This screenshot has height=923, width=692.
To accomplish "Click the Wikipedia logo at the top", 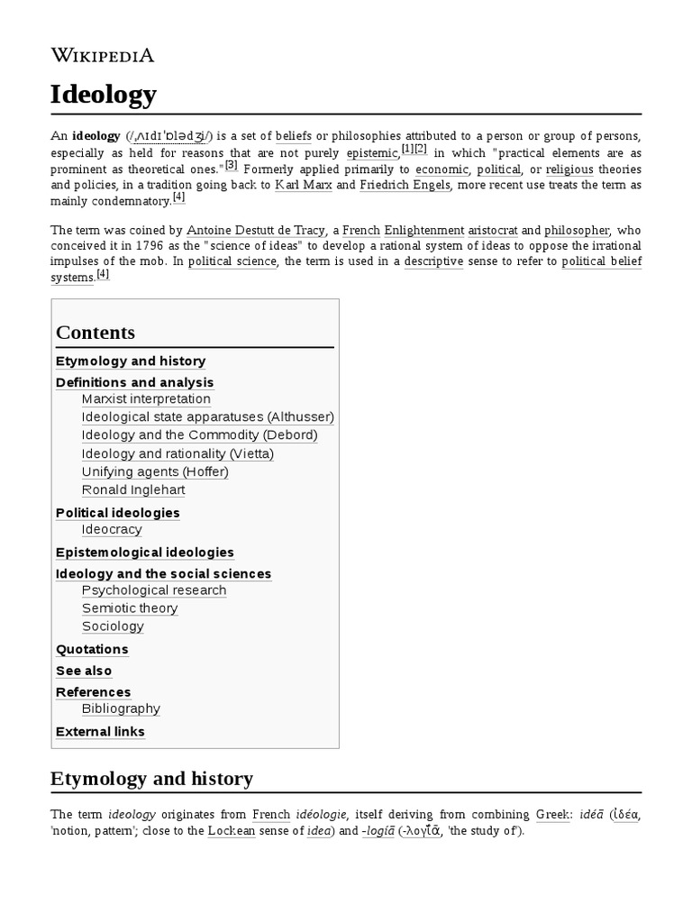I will [103, 55].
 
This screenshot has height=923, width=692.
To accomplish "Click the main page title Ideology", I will [104, 94].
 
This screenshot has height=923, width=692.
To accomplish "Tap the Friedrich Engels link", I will [405, 185].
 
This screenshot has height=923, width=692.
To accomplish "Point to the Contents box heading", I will [96, 332].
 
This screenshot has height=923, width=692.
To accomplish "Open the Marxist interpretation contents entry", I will [146, 399].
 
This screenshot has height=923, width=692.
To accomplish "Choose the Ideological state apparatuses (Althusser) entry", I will [207, 417].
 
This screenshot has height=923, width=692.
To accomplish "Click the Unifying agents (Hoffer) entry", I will [155, 471].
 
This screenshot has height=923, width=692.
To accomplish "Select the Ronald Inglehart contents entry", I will [133, 489].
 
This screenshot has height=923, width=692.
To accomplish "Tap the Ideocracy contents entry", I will [112, 529].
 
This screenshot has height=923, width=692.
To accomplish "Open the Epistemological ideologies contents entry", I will [144, 553].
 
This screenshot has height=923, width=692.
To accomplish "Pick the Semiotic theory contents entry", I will [130, 608].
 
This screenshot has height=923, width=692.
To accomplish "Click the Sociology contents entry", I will [113, 626].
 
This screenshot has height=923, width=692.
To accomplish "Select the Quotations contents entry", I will [92, 650].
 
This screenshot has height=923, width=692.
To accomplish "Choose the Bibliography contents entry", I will [121, 709].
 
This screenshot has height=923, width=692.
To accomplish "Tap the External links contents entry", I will [100, 732].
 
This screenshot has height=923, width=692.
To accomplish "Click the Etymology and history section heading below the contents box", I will [151, 778].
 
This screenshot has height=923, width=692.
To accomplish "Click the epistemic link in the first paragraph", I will [372, 154].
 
